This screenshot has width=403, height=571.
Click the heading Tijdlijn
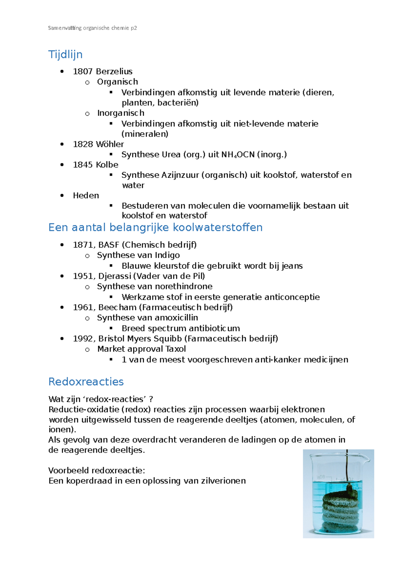pyautogui.click(x=65, y=54)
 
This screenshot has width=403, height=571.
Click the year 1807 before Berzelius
pyautogui.click(x=83, y=71)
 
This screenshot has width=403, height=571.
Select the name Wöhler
pyautogui.click(x=110, y=144)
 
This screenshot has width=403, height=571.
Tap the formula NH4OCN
pyautogui.click(x=238, y=155)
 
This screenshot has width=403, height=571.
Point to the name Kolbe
pyautogui.click(x=107, y=165)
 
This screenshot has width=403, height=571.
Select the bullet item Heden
pyautogui.click(x=86, y=195)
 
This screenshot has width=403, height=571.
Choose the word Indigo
pyautogui.click(x=167, y=255)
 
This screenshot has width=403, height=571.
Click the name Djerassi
pyautogui.click(x=115, y=276)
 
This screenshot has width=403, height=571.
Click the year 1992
pyautogui.click(x=83, y=339)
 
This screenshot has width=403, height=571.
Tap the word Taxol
pyautogui.click(x=176, y=349)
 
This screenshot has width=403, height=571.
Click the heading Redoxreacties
pyautogui.click(x=86, y=382)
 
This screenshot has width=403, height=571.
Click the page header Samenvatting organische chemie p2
pyautogui.click(x=92, y=28)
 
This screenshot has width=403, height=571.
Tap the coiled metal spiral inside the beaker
pyautogui.click(x=339, y=511)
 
